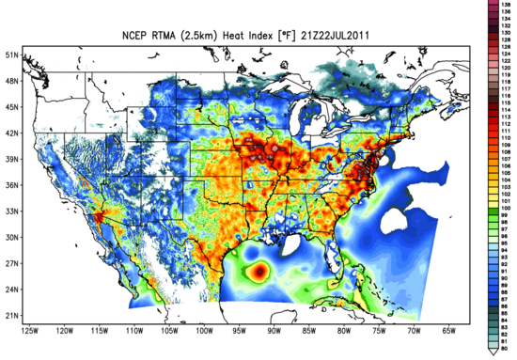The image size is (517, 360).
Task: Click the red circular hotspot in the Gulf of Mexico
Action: click(x=259, y=272)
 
